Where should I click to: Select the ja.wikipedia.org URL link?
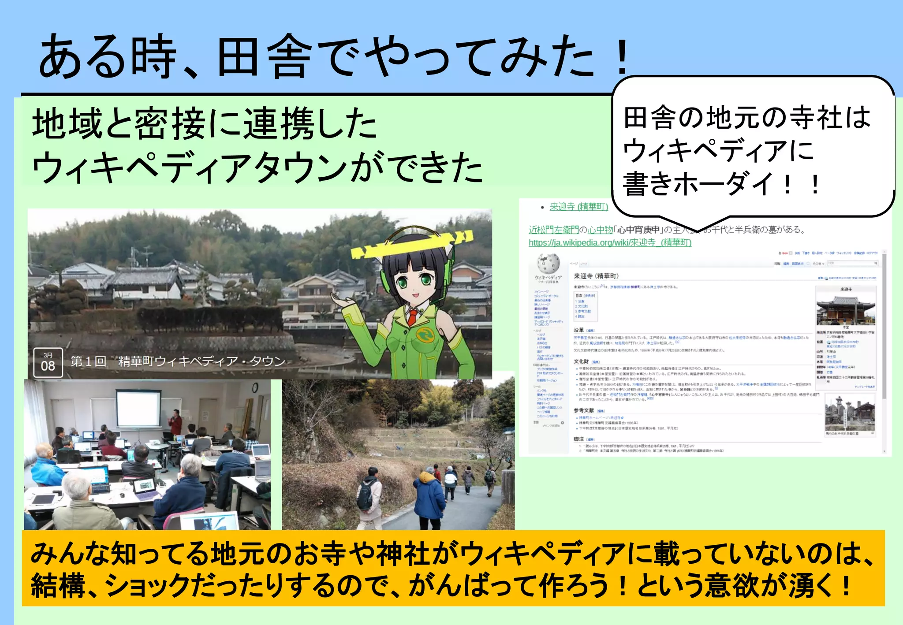pos(610,242)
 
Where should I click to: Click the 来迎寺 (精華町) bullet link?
pos(578,207)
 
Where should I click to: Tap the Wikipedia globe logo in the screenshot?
pos(548,264)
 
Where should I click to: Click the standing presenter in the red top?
pos(175,422)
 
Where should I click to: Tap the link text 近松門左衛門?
pos(553,230)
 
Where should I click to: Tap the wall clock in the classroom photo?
pos(255,388)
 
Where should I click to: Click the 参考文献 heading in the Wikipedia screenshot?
pos(584,410)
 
